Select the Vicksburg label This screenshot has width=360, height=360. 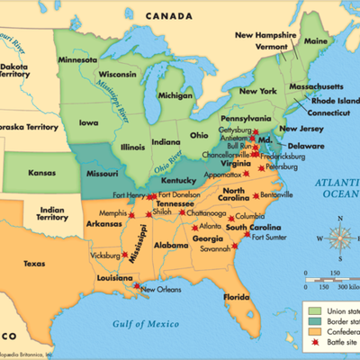(x=110, y=256)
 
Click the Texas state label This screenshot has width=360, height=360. (x=33, y=238)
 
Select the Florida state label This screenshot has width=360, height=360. (x=237, y=296)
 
